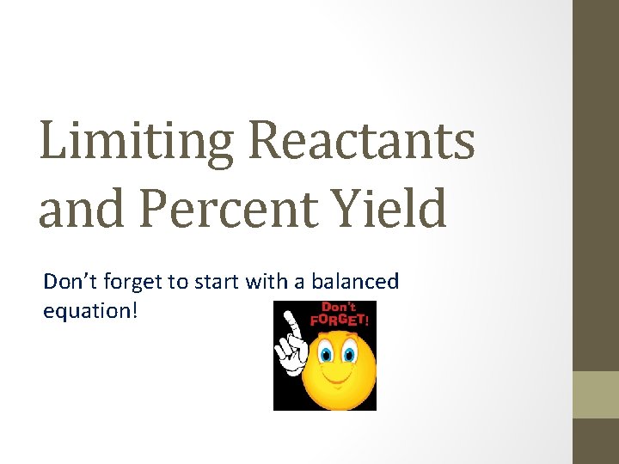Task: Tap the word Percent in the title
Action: (204, 210)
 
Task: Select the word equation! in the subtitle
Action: (89, 310)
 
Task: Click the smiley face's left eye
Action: (327, 353)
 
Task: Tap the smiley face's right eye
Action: (349, 353)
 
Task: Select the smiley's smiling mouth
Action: (338, 378)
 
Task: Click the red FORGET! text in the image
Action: (343, 319)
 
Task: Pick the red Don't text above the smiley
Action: (339, 307)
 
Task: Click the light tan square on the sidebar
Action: (596, 394)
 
